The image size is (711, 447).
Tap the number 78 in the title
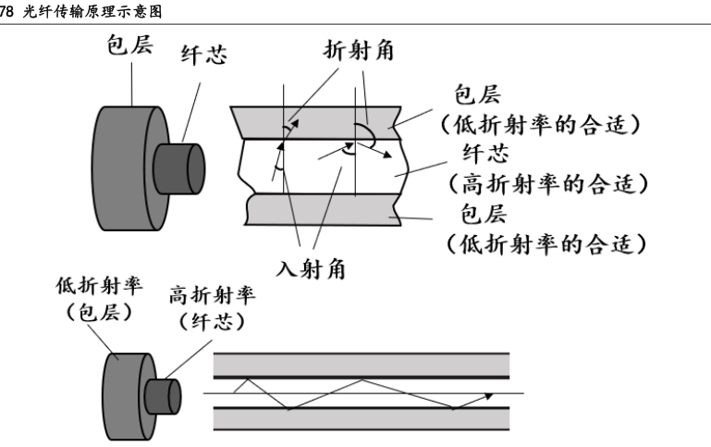[8, 10]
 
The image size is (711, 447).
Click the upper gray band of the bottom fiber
[362, 364]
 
